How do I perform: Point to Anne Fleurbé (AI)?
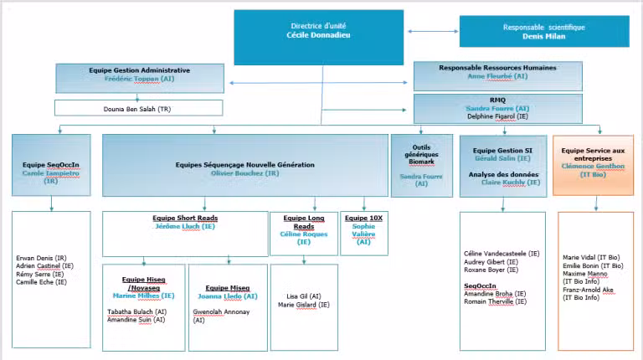point(497,76)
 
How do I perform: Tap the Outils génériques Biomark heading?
point(421,153)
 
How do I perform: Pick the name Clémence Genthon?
point(593,166)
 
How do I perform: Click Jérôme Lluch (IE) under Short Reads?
point(186,226)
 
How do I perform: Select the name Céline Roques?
point(303,234)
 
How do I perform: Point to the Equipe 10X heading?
point(363,218)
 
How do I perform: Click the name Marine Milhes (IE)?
point(144,295)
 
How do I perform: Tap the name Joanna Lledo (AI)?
point(226,296)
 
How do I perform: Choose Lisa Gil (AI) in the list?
point(304,296)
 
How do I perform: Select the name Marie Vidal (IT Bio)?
point(592,257)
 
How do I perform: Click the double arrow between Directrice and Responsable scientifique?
point(427,31)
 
